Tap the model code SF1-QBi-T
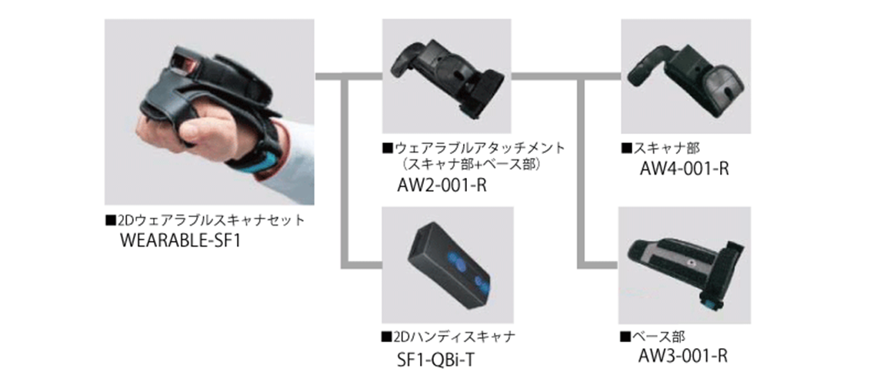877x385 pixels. point(434,358)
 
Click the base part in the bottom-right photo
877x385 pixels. point(685,265)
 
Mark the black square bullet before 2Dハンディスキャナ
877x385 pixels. point(385,337)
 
